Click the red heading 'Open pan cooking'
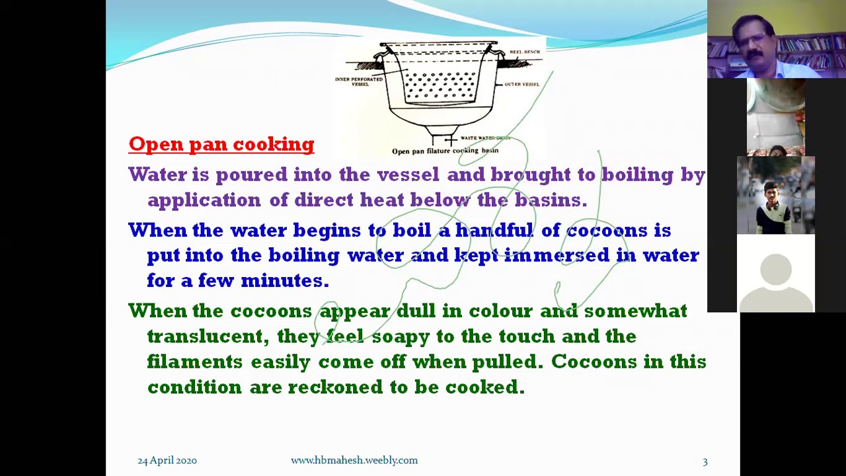pyautogui.click(x=221, y=144)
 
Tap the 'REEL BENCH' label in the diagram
pyautogui.click(x=524, y=52)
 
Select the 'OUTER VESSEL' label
pyautogui.click(x=522, y=84)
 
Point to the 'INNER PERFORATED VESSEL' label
pyautogui.click(x=359, y=81)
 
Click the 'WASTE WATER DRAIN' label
pyautogui.click(x=485, y=138)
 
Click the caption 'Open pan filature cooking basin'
pyautogui.click(x=445, y=151)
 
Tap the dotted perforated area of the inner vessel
pyautogui.click(x=440, y=86)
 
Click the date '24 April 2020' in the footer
pyautogui.click(x=167, y=460)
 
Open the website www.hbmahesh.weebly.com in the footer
pyautogui.click(x=354, y=460)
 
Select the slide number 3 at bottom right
pyautogui.click(x=705, y=461)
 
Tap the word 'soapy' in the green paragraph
pyautogui.click(x=401, y=337)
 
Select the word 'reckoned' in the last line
pyautogui.click(x=335, y=387)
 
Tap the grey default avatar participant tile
pyautogui.click(x=776, y=273)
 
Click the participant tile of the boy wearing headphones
pyautogui.click(x=776, y=196)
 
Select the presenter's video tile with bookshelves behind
pyautogui.click(x=776, y=40)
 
